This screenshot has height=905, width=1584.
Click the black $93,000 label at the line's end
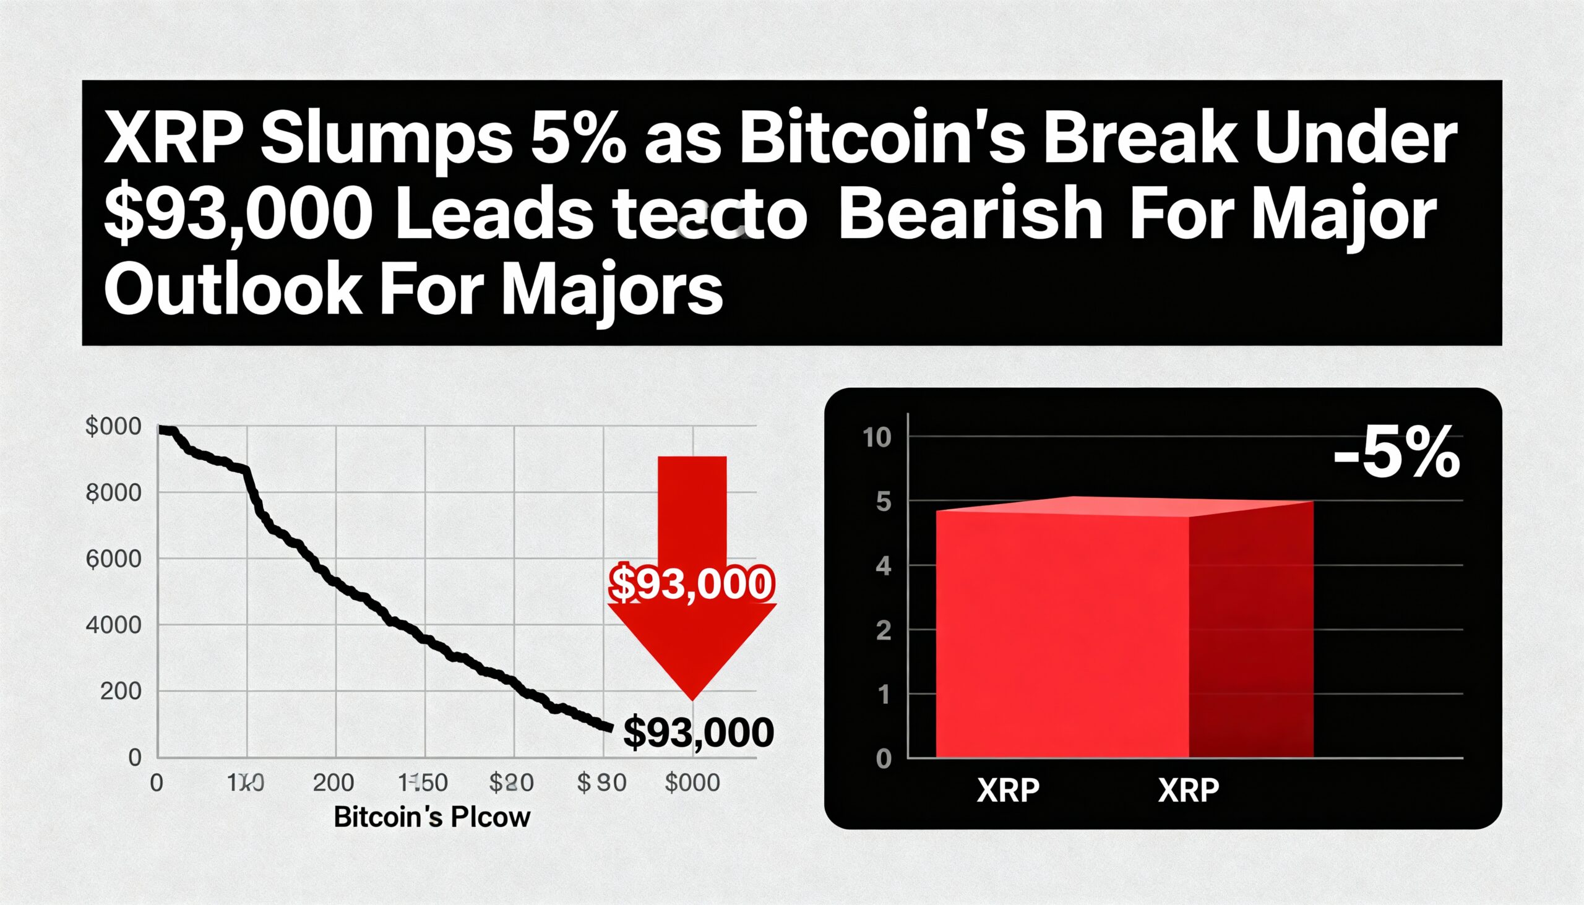(x=697, y=732)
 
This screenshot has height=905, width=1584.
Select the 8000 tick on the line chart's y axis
(x=113, y=494)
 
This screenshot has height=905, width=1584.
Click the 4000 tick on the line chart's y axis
(x=113, y=625)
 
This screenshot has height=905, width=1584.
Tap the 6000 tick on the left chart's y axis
(x=113, y=559)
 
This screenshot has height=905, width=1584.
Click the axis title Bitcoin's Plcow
(x=432, y=817)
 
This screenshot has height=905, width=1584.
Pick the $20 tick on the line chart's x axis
(x=511, y=783)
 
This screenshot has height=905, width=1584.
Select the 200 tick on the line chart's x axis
(x=334, y=783)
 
